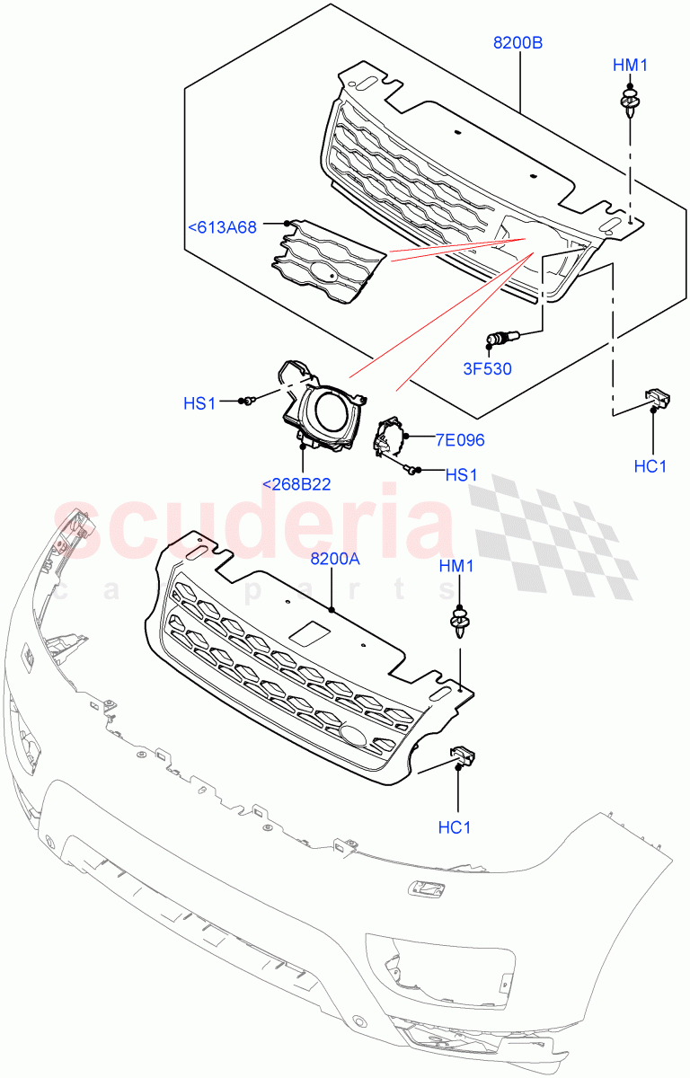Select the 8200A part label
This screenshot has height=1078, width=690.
[x=335, y=559]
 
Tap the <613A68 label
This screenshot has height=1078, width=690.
[x=222, y=228]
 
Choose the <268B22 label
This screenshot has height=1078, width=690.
[x=296, y=484]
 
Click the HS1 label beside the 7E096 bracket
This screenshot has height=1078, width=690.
[x=461, y=474]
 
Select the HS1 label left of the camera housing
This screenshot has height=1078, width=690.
[x=199, y=403]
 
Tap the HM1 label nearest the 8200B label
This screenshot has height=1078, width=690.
[x=630, y=65]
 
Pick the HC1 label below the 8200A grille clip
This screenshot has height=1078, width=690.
[x=455, y=826]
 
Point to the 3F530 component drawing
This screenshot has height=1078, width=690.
[x=500, y=339]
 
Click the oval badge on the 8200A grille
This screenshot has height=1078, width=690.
[x=353, y=734]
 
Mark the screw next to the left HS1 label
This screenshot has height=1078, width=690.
[x=249, y=401]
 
